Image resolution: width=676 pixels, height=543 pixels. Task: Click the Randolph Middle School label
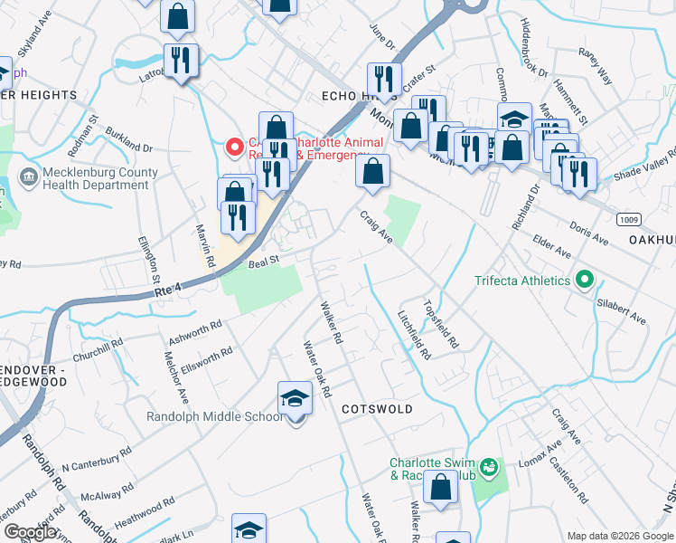point(215,416)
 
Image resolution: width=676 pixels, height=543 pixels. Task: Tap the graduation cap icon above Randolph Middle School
point(295,397)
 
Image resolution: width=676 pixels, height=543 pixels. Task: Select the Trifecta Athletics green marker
point(584,281)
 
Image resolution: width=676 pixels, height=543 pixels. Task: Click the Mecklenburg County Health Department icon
point(28,174)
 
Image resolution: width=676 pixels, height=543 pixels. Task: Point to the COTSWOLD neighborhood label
point(377,409)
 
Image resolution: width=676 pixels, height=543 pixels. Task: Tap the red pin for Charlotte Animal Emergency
point(234,145)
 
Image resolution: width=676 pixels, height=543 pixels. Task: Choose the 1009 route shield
point(630,220)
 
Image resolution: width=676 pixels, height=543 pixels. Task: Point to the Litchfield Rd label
point(414,334)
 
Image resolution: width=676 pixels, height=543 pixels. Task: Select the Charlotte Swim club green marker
point(489,468)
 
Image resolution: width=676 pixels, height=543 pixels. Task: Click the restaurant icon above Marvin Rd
point(237,217)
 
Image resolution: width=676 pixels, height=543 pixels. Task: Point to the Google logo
point(30,532)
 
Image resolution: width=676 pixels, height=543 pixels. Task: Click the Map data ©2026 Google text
point(619,536)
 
